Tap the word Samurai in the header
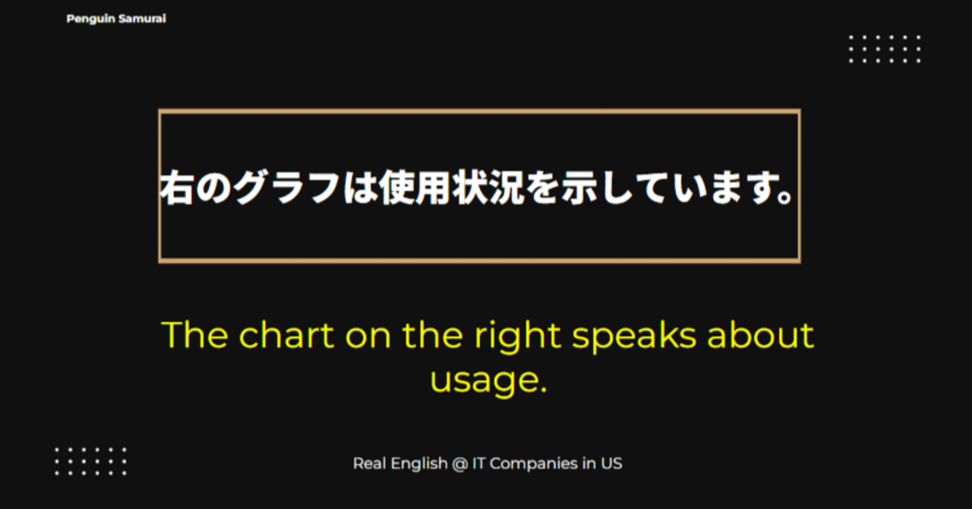coord(142,19)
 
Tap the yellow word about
coord(760,335)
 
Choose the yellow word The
coord(194,335)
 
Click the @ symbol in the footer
coord(459,463)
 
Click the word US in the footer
coord(611,463)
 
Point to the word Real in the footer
coord(370,463)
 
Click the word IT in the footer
coord(479,463)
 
